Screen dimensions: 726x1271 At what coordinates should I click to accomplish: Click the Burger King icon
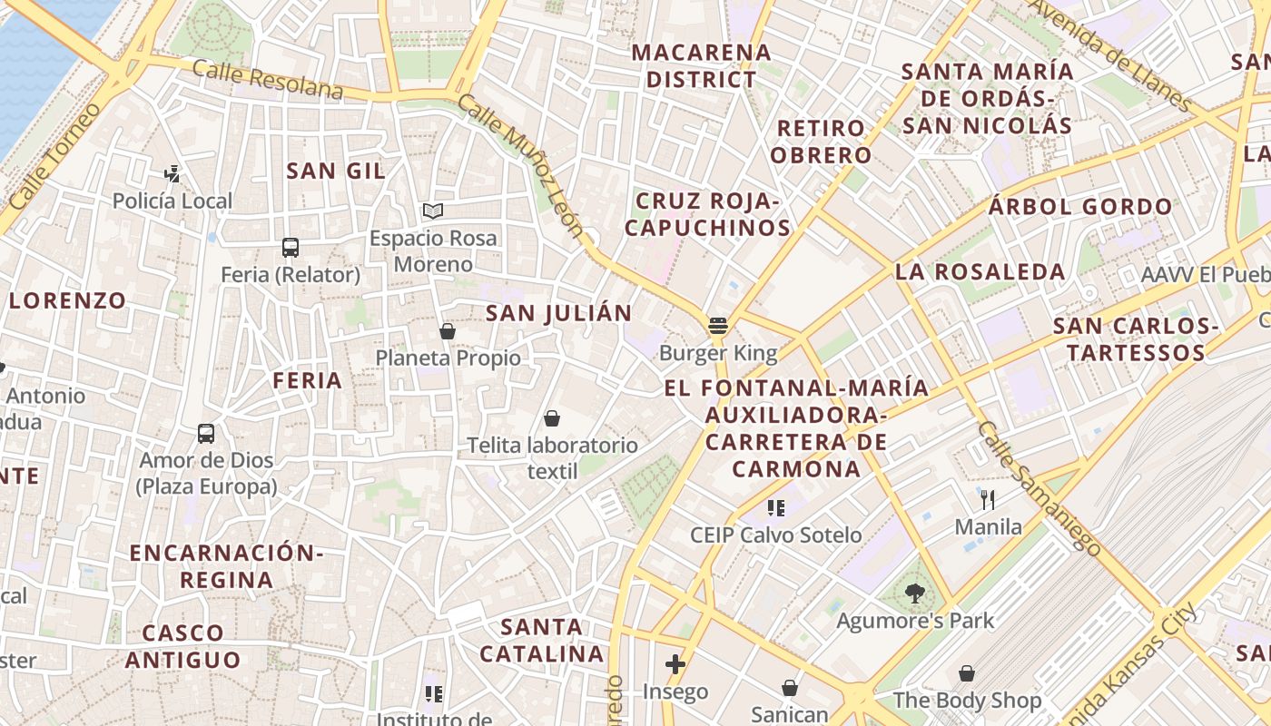click(x=719, y=325)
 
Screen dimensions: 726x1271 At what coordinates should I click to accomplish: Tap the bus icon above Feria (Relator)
click(x=291, y=247)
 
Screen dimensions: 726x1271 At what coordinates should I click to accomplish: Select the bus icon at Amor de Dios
click(x=206, y=434)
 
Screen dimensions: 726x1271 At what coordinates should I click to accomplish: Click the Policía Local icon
click(x=172, y=173)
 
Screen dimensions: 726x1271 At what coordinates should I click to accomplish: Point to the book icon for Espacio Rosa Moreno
click(x=433, y=211)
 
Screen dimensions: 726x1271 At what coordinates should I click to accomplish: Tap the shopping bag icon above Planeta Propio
click(x=447, y=331)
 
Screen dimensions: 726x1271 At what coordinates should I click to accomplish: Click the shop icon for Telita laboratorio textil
click(x=551, y=418)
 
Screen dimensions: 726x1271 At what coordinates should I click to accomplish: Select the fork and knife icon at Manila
click(x=988, y=499)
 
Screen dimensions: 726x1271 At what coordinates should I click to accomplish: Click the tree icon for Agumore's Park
click(x=914, y=594)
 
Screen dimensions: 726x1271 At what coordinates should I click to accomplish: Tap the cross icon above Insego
click(x=675, y=664)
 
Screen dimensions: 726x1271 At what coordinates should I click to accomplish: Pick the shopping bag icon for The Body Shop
click(x=967, y=673)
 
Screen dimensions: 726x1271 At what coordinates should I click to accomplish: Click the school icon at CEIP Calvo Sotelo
click(x=775, y=507)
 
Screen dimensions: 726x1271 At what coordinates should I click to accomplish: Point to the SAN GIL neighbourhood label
click(x=336, y=171)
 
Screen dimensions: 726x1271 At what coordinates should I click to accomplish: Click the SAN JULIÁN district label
click(x=558, y=314)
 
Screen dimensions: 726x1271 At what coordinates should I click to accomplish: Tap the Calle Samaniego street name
click(x=1039, y=488)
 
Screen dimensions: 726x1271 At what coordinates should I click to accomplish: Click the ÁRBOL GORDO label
click(x=1080, y=207)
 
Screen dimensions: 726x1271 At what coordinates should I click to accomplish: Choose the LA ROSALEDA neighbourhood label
click(x=980, y=271)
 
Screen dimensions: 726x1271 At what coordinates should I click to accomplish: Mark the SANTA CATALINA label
click(x=541, y=640)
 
